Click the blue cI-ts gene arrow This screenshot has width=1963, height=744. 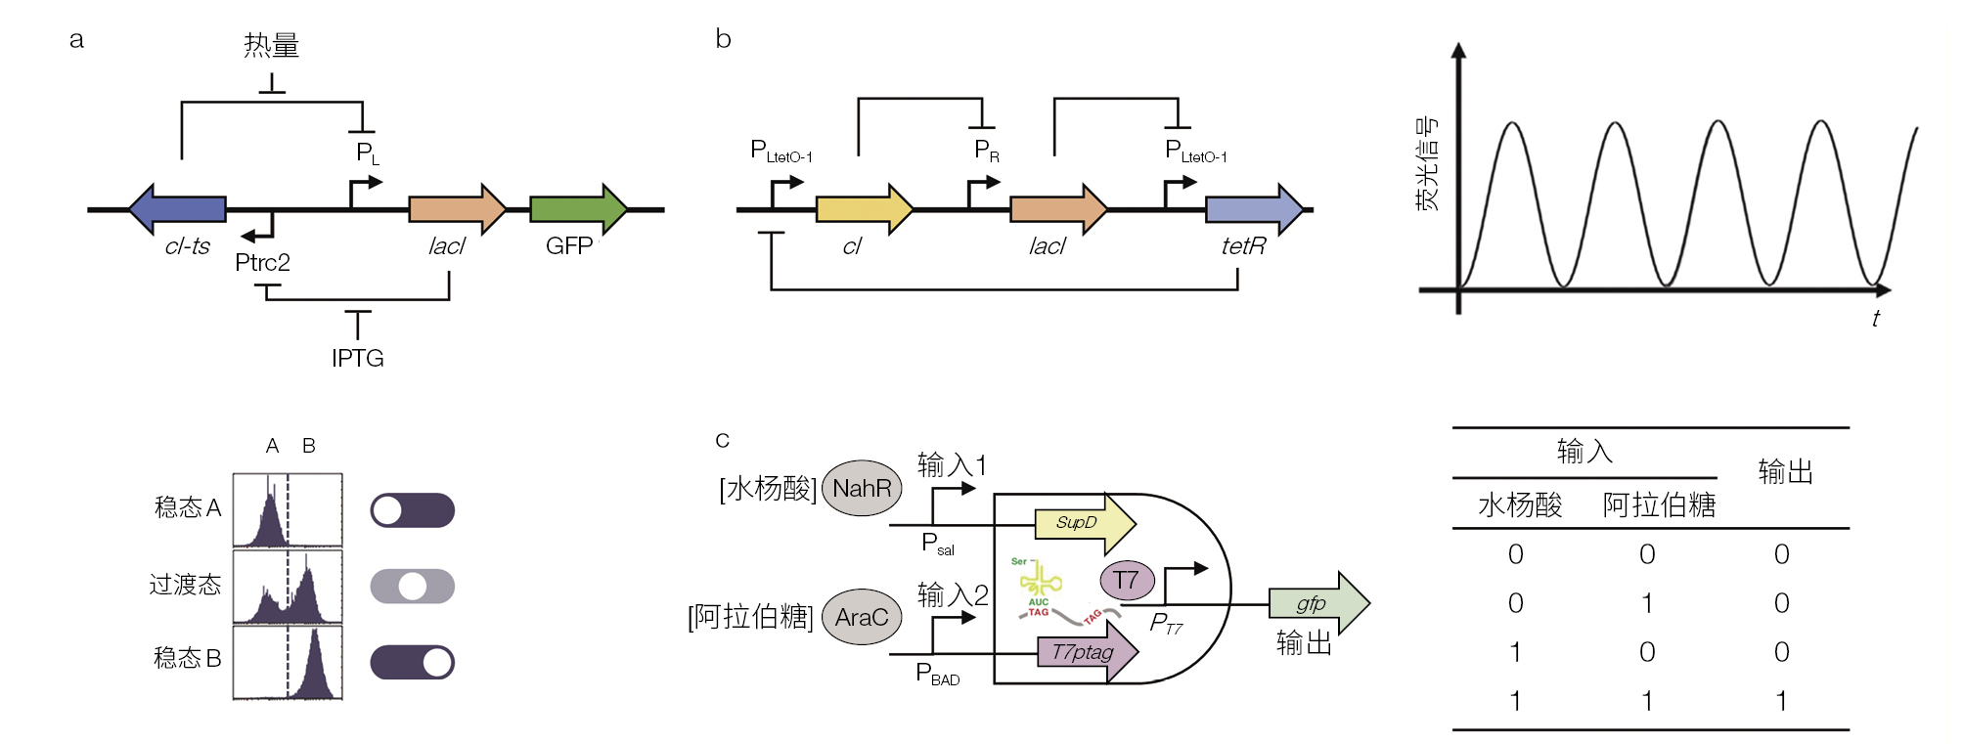tap(178, 208)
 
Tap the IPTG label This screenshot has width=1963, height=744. tap(357, 359)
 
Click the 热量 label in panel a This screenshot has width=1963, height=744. tap(271, 45)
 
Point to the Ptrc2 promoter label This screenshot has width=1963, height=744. tap(262, 263)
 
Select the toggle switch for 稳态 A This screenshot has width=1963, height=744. tap(412, 510)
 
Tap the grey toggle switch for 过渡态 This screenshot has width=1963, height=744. tap(412, 587)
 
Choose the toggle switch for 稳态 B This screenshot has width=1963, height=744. tap(412, 662)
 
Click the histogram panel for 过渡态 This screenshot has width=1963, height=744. tap(288, 587)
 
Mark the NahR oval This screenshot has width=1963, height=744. tap(862, 488)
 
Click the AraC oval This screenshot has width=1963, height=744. tap(862, 617)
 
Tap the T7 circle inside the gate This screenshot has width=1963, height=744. tap(1127, 580)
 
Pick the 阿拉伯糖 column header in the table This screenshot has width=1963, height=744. tap(1659, 505)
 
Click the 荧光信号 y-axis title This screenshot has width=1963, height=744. tap(1427, 163)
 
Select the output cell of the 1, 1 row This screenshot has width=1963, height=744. tap(1781, 701)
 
